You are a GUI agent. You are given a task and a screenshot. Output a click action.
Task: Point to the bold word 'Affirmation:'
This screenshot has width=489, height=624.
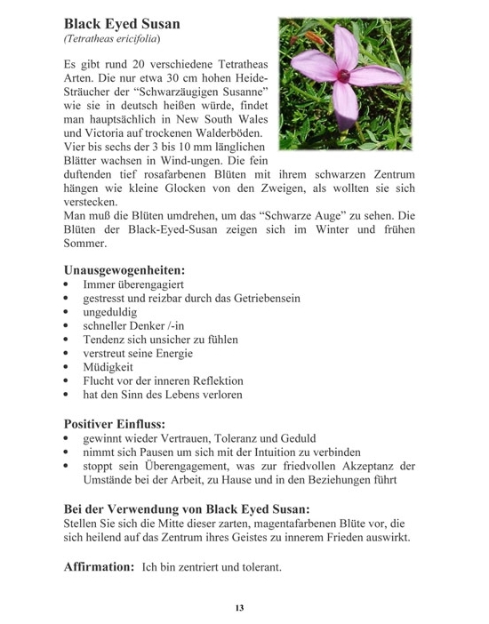tap(100, 566)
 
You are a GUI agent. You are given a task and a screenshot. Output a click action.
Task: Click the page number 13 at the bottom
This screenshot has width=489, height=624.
tap(240, 608)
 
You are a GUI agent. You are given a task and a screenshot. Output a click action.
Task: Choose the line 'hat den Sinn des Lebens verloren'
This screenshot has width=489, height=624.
tap(163, 394)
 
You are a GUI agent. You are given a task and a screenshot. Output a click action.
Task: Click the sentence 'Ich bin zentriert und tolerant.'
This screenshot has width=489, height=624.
tap(212, 567)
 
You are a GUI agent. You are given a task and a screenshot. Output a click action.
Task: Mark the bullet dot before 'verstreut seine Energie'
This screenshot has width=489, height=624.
tap(68, 353)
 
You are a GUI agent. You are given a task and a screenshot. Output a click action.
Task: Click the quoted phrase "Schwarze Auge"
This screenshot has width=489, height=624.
tap(304, 214)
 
